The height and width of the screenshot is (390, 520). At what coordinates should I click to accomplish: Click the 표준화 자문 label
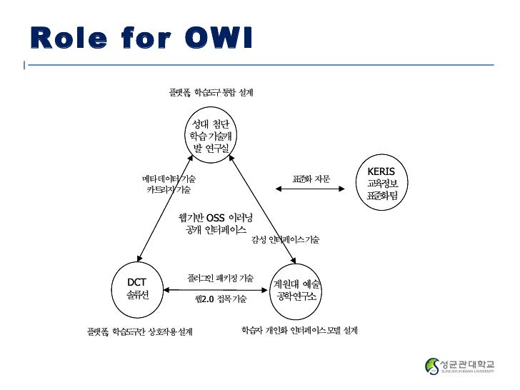[311, 178]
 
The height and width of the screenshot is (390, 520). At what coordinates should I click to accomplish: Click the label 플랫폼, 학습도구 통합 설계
[211, 93]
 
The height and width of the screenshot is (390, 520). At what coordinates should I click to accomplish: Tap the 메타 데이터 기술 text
[169, 178]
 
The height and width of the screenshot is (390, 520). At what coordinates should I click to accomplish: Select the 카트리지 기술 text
[169, 190]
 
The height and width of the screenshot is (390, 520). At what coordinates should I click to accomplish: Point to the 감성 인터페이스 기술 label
[285, 240]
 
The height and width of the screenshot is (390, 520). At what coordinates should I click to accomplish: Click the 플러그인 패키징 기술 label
[220, 277]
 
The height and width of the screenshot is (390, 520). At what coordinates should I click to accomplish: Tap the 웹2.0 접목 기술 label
[221, 299]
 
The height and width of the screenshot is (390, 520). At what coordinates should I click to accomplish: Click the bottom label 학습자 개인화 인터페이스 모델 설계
[299, 331]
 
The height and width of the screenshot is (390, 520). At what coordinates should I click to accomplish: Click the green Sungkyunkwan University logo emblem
[433, 366]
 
